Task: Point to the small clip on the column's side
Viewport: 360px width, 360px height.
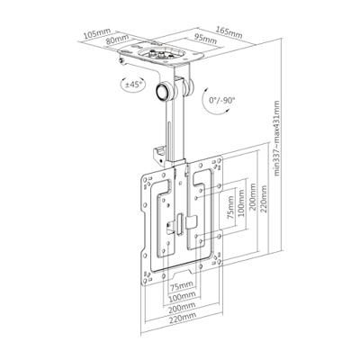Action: pyautogui.click(x=160, y=137)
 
